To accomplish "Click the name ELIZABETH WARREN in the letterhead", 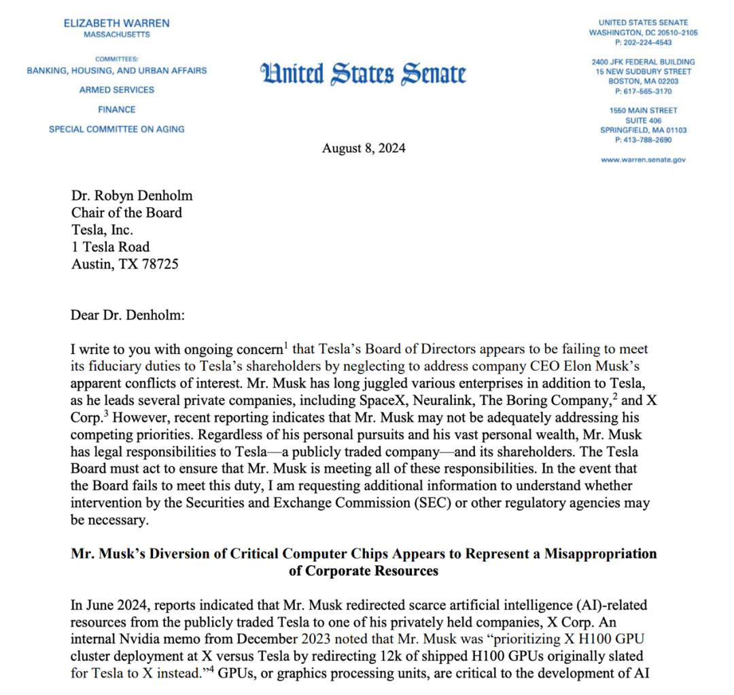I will pos(117,23).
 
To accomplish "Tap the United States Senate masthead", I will pos(364,73).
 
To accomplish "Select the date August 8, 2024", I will pos(364,148).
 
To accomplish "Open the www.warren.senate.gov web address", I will pos(643,160).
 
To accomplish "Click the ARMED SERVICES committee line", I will pos(116,90).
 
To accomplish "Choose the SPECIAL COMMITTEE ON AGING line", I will pos(116,129).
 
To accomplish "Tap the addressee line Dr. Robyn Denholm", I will pos(132,196).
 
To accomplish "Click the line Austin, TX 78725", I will pos(125,264).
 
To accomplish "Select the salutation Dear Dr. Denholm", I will pos(127,315).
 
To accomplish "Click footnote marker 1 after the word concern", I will pos(285,346).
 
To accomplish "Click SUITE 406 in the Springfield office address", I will pos(643,120).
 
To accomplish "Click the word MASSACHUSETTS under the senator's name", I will pos(117,35).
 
